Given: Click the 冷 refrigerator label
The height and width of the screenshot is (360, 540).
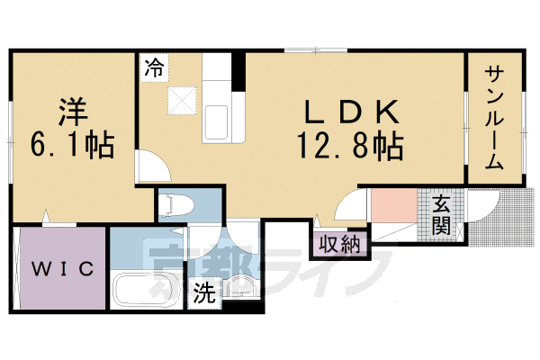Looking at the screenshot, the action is point(154,67).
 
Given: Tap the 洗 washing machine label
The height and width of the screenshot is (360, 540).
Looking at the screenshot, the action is point(204,292).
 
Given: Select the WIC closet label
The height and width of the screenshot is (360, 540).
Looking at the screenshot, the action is point(63,268).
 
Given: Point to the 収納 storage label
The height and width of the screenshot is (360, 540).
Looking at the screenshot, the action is point(339,245).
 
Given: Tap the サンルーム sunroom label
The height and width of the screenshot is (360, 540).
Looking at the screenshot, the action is point(494,118).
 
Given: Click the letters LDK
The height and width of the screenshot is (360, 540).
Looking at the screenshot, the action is point(351,112).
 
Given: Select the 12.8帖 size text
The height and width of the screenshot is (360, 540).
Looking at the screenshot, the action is point(350,147).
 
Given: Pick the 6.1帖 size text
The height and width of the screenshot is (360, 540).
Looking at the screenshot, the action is point(72,145).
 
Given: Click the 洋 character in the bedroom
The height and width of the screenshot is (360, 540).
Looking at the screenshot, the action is point(73,112).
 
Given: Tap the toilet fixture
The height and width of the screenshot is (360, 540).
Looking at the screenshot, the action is point(179,206).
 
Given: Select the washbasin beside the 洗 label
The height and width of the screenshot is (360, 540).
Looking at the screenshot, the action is point(240,286).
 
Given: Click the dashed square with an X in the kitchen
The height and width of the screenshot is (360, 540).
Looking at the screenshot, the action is point(182,100).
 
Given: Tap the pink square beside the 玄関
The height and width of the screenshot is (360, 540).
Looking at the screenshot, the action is point(394,206).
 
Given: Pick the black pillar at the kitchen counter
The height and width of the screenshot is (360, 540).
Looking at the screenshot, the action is point(238,72).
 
